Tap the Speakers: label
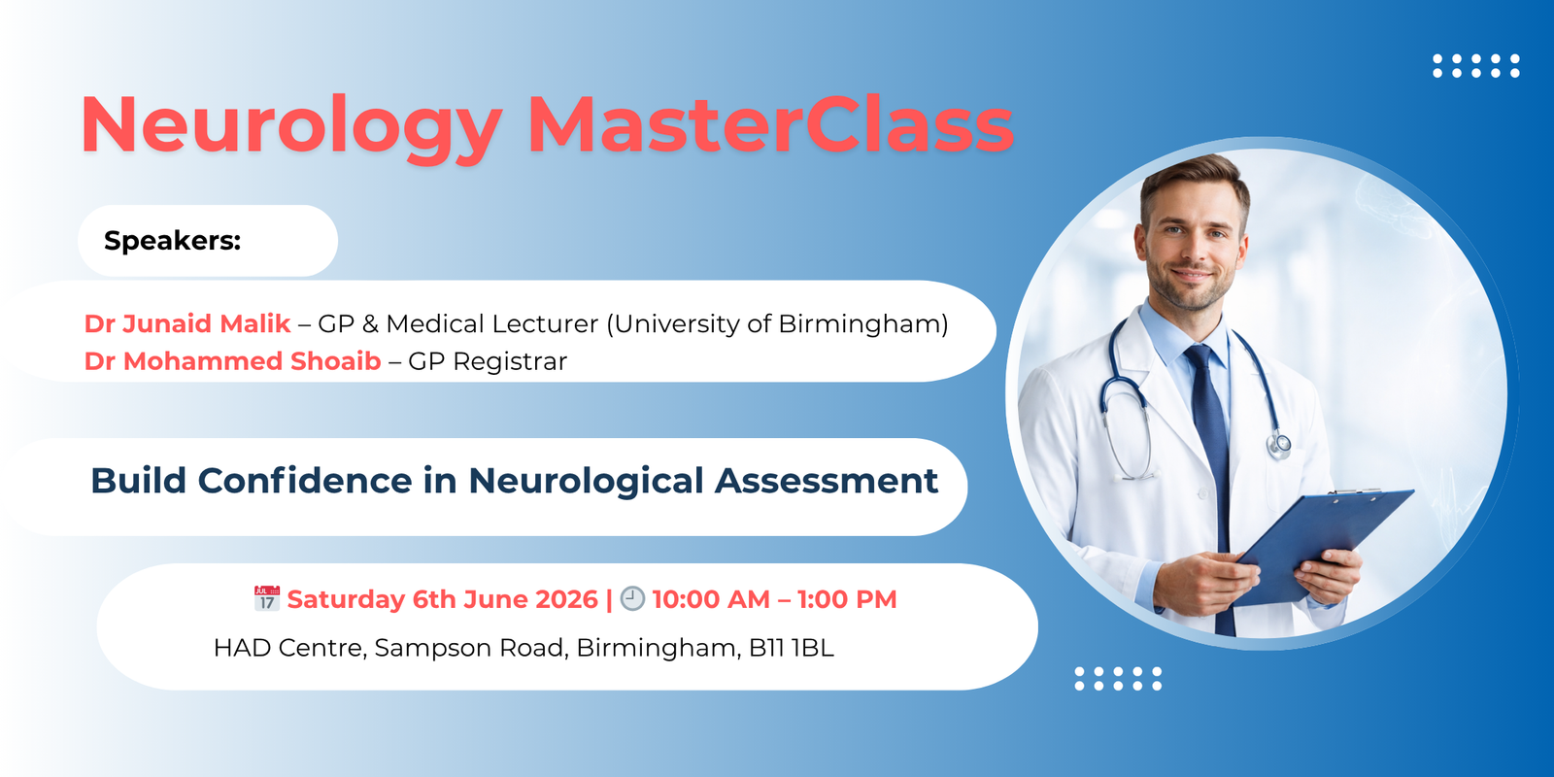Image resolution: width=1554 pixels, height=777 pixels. [x=172, y=241]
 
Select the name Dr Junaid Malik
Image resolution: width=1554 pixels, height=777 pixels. [x=187, y=323]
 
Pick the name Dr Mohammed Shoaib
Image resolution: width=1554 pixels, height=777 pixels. [x=232, y=361]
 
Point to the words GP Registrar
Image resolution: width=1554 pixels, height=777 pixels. [x=488, y=361]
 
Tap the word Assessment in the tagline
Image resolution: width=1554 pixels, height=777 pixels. [x=827, y=481]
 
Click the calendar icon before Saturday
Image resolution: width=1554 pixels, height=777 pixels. [x=267, y=598]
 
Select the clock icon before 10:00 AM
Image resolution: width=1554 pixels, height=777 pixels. [x=632, y=598]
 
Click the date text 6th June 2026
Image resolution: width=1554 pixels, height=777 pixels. [x=505, y=599]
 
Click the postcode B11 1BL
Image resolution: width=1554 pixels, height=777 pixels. [x=791, y=648]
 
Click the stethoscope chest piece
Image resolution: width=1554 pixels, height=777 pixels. [x=1279, y=446]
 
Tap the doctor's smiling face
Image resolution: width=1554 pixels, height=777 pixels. [x=1192, y=243]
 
